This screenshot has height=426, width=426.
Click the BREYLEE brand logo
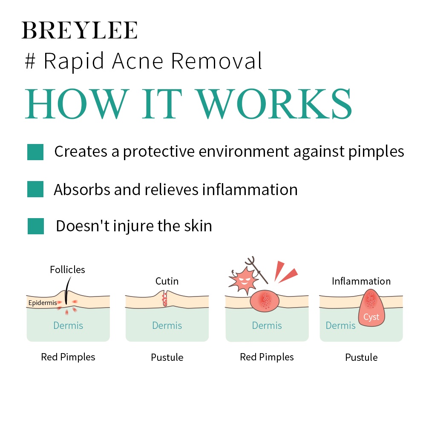click(80, 30)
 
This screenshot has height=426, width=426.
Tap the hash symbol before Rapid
click(30, 61)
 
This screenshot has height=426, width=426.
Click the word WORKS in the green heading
click(274, 104)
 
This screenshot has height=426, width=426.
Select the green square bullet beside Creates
click(35, 152)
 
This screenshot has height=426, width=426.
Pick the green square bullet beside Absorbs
click(35, 189)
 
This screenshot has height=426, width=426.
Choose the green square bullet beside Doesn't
click(36, 226)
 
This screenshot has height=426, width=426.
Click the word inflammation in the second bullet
click(250, 190)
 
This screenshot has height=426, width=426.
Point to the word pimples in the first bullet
click(376, 152)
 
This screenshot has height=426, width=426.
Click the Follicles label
click(67, 270)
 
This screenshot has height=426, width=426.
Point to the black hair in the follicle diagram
click(67, 290)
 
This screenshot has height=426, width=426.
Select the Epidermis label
click(43, 302)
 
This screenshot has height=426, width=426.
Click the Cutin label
click(167, 281)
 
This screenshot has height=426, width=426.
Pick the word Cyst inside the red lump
click(371, 317)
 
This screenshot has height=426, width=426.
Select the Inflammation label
click(361, 281)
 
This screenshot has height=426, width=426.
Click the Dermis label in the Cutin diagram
click(167, 325)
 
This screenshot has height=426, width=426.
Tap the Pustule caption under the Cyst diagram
click(361, 357)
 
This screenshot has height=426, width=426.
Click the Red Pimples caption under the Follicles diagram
click(68, 357)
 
